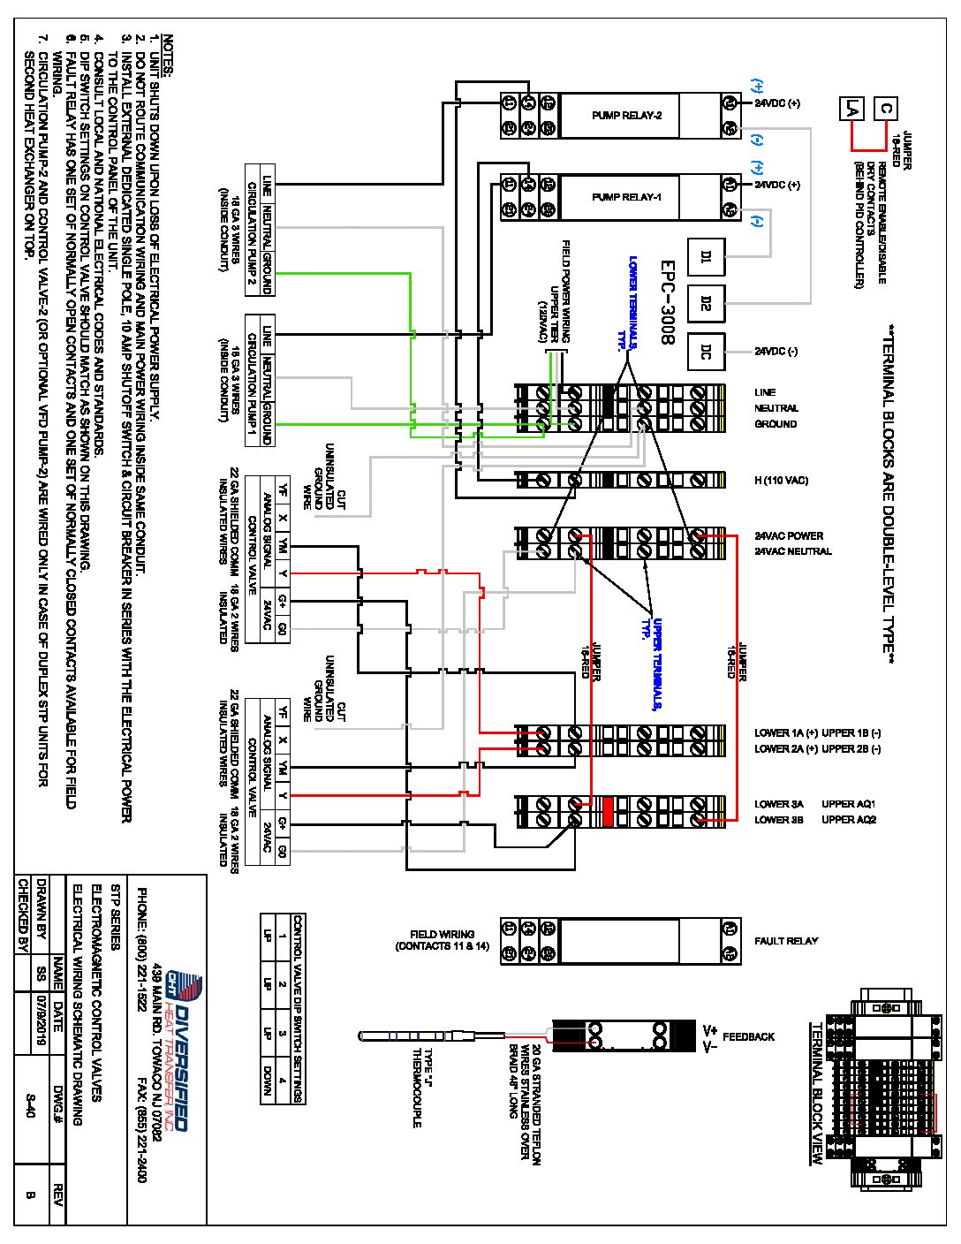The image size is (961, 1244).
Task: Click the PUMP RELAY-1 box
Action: click(626, 197)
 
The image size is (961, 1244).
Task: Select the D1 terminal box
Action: click(706, 257)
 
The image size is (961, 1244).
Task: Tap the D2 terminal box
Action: click(706, 304)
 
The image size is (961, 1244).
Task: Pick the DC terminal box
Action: click(706, 352)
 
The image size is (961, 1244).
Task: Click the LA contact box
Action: click(851, 109)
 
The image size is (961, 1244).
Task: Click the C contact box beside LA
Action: click(886, 109)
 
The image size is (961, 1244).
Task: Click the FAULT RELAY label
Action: click(786, 941)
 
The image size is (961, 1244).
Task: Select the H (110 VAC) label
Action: click(781, 481)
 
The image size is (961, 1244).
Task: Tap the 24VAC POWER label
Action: click(789, 536)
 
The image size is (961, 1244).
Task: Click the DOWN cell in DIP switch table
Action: click(267, 1079)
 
